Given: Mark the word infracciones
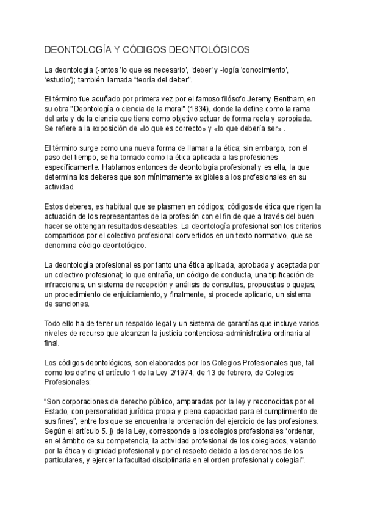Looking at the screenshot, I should click(65, 284).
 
